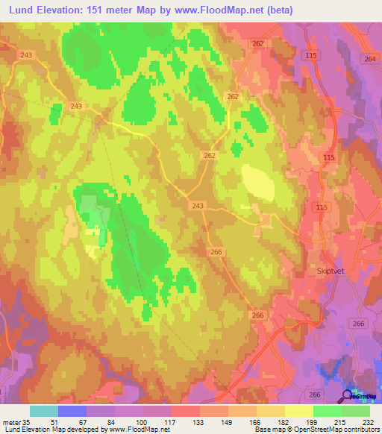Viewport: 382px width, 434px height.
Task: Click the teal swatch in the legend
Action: (x=44, y=411)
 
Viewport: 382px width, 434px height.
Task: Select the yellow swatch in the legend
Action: (x=299, y=411)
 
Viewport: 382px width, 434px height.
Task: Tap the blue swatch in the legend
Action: (x=72, y=411)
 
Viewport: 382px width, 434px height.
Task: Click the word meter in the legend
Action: (x=12, y=421)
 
